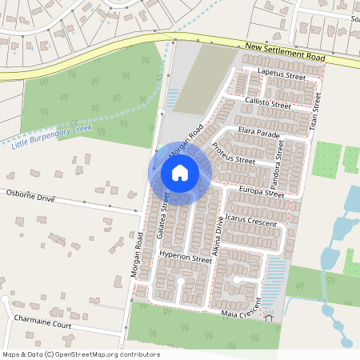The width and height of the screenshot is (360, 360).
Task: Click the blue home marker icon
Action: pos(180,173)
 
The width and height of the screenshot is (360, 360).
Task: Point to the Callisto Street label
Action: pos(269,104)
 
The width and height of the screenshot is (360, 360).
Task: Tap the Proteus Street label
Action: pos(234,154)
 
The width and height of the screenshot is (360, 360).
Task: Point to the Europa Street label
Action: pos(262,193)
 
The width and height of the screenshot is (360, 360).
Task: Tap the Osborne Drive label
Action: pos(30,195)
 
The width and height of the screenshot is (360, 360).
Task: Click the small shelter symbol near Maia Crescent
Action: pos(270,317)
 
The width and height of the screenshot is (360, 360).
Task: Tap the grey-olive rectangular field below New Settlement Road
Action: pos(197,78)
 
